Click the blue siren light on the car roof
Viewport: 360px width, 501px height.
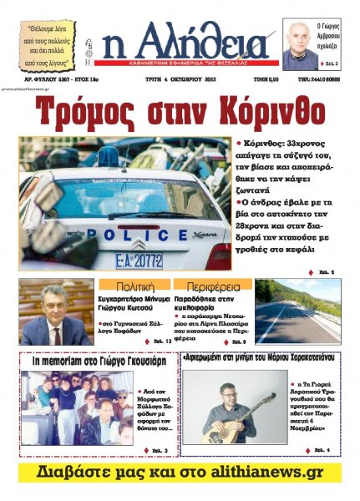click(x=109, y=157)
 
